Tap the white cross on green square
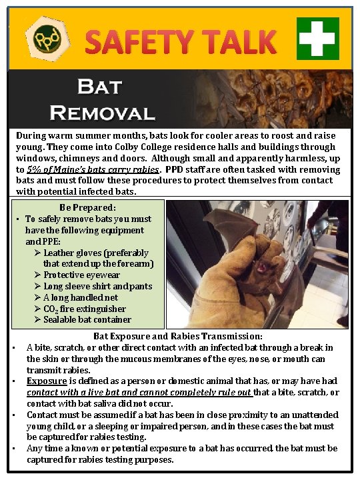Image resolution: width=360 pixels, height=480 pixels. pyautogui.click(x=318, y=38)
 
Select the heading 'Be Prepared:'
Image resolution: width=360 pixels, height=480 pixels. pyautogui.click(x=87, y=207)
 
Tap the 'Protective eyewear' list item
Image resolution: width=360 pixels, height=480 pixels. pyautogui.click(x=81, y=275)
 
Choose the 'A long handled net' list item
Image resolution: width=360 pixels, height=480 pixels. pyautogui.click(x=80, y=297)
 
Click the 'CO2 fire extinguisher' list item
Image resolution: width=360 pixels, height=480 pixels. pyautogui.click(x=84, y=309)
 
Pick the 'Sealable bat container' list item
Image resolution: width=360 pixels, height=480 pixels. pyautogui.click(x=87, y=319)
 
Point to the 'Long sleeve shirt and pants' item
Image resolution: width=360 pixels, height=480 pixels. pyautogui.click(x=97, y=286)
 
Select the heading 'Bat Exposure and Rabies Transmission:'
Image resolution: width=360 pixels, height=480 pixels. pyautogui.click(x=178, y=336)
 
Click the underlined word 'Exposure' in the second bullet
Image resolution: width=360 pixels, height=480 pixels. pyautogui.click(x=47, y=381)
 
